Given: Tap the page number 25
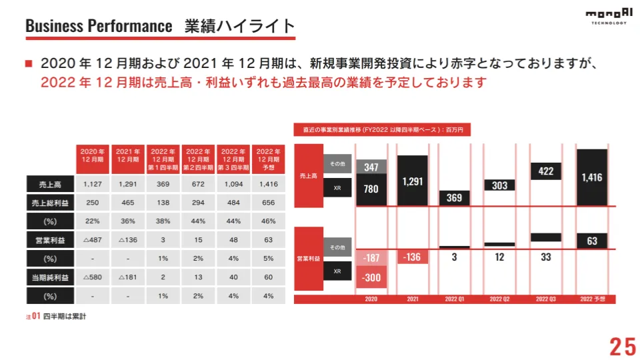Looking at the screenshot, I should [x=623, y=346].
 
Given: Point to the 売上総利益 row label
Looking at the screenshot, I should [x=49, y=203].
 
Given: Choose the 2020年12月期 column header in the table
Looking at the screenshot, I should [x=93, y=155].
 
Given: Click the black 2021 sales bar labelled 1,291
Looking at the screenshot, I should [x=413, y=181].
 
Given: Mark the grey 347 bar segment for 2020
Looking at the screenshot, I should [x=371, y=167].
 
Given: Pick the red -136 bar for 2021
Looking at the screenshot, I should [x=413, y=257].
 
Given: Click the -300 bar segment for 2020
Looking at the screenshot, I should [x=371, y=277].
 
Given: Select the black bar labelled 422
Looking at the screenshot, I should [x=546, y=171].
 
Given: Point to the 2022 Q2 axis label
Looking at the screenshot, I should [x=499, y=299].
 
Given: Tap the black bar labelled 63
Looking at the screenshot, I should [x=592, y=241].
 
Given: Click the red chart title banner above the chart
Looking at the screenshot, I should [x=383, y=130].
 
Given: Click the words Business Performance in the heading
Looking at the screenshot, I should [x=99, y=26].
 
